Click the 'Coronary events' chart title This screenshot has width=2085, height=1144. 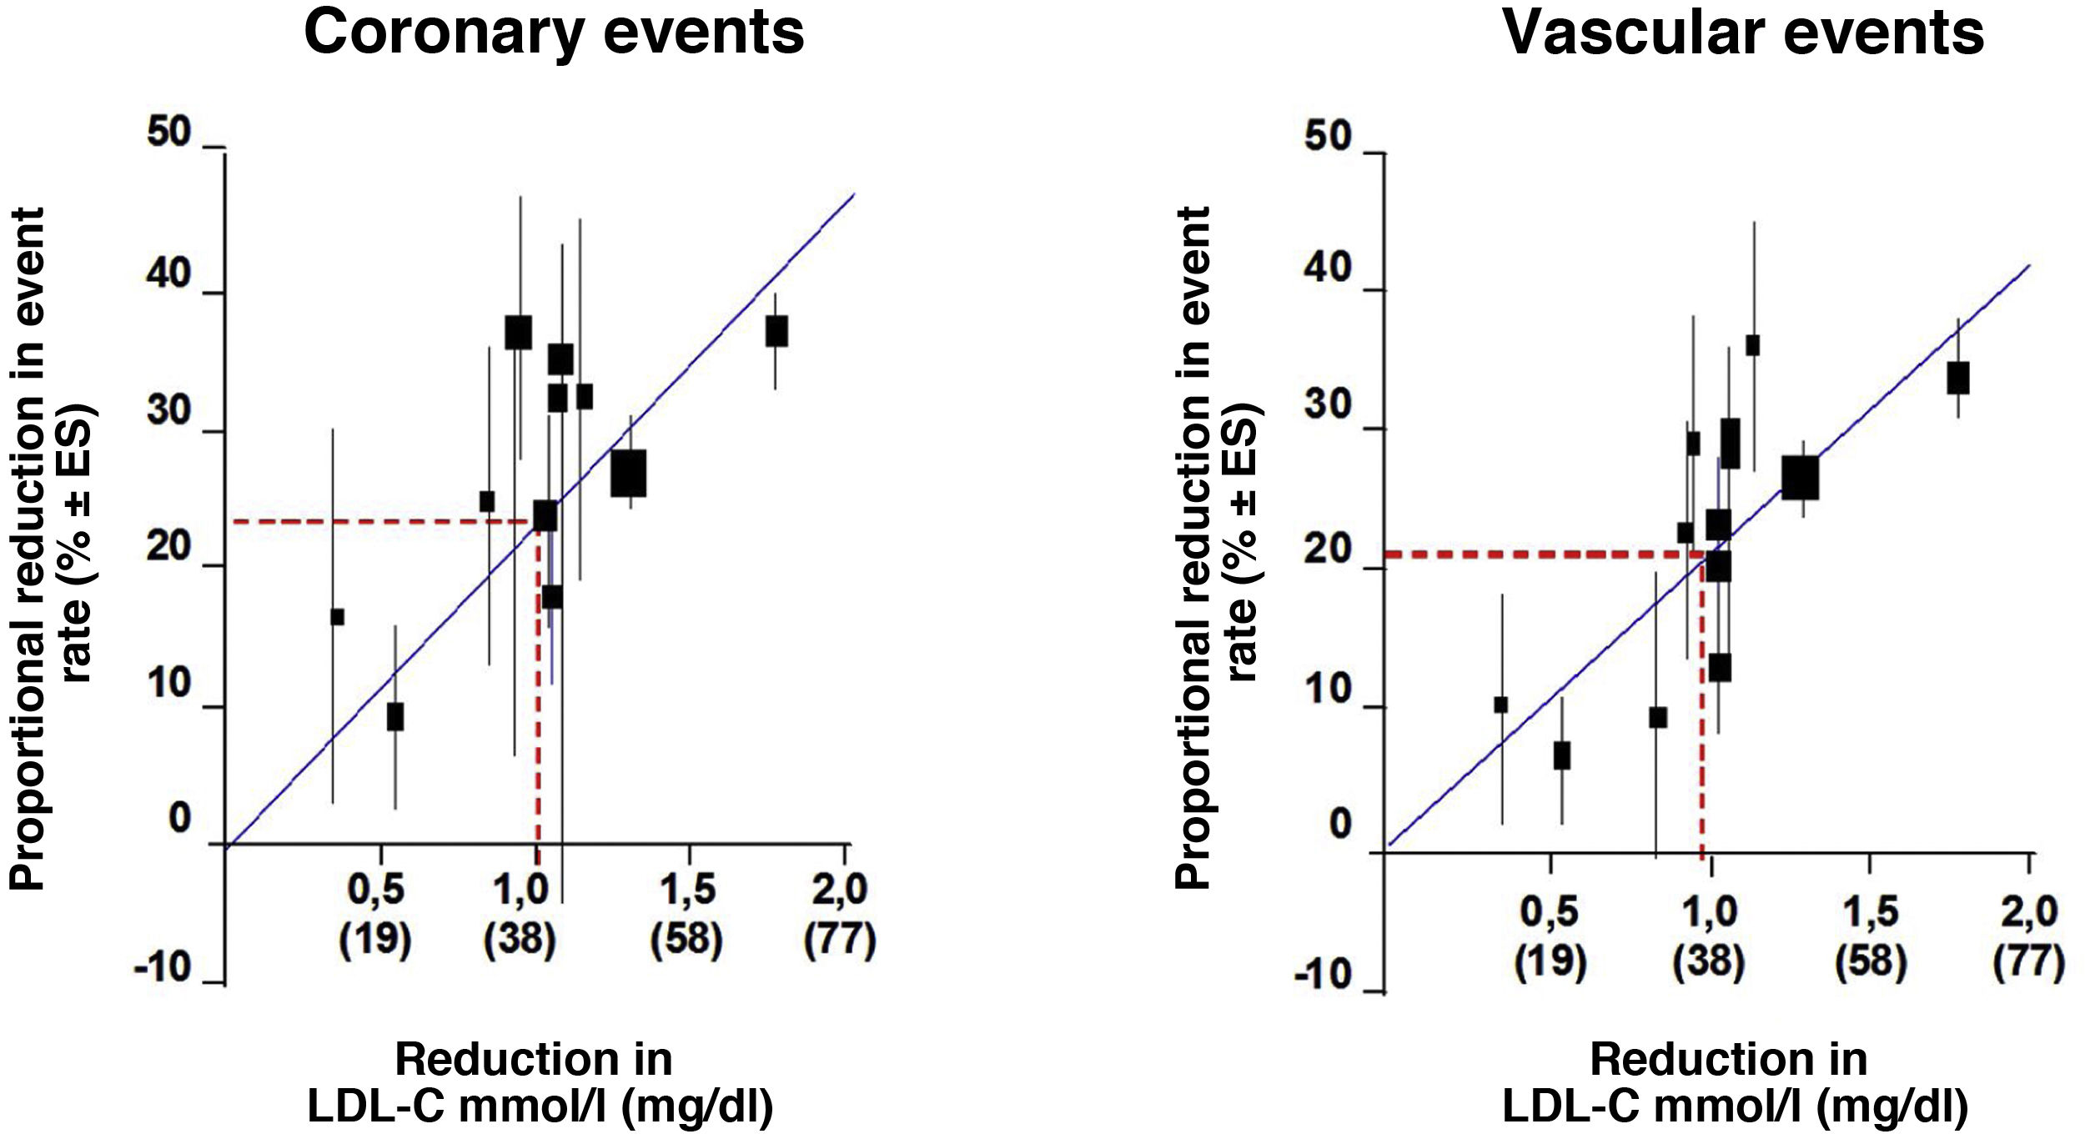tap(554, 33)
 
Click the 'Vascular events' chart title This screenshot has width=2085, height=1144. tap(1742, 33)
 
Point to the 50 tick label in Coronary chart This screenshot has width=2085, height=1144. tap(169, 133)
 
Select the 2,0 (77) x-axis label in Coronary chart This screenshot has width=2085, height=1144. tap(840, 914)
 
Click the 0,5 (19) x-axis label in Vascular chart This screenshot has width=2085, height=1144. tap(1550, 936)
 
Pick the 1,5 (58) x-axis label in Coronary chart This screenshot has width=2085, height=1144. tap(687, 914)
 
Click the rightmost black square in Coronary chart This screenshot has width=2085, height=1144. tap(776, 331)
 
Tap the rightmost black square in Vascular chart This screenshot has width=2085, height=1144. tap(1958, 378)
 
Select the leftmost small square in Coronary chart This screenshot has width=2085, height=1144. tap(337, 617)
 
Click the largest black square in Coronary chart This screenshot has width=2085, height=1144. tap(628, 473)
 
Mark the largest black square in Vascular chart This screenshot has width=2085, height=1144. tap(1800, 478)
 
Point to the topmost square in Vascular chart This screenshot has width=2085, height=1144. tap(1753, 345)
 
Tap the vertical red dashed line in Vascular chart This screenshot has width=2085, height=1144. tap(1701, 709)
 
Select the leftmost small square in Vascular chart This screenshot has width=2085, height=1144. tap(1501, 705)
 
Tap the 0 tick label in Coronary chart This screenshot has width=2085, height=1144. tap(179, 818)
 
